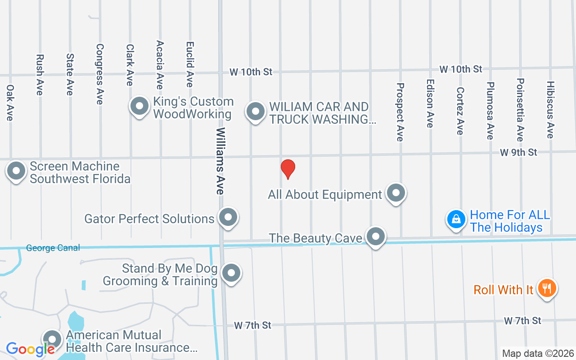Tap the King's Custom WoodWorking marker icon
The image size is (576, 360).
pyautogui.click(x=139, y=107)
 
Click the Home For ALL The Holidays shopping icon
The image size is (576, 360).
pyautogui.click(x=456, y=219)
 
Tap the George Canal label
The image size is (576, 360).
pyautogui.click(x=53, y=248)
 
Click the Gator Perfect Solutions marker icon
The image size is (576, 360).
pyautogui.click(x=228, y=217)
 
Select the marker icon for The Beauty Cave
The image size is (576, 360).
pyautogui.click(x=375, y=236)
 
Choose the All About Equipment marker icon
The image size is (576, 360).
pyautogui.click(x=396, y=193)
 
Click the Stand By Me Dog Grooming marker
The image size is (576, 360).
pyautogui.click(x=231, y=273)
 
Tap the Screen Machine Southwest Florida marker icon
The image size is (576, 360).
pyautogui.click(x=17, y=171)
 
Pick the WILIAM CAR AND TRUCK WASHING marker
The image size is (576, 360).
pyautogui.click(x=256, y=111)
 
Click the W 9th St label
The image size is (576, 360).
pyautogui.click(x=518, y=153)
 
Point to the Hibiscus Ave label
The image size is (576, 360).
pyautogui.click(x=550, y=109)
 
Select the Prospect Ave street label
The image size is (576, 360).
pyautogui.click(x=400, y=112)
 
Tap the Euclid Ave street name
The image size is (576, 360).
pyautogui.click(x=189, y=64)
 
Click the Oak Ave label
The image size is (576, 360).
pyautogui.click(x=10, y=103)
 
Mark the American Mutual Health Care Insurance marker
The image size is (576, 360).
pyautogui.click(x=52, y=340)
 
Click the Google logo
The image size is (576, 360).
pyautogui.click(x=30, y=349)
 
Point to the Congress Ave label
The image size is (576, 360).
pyautogui.click(x=99, y=74)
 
